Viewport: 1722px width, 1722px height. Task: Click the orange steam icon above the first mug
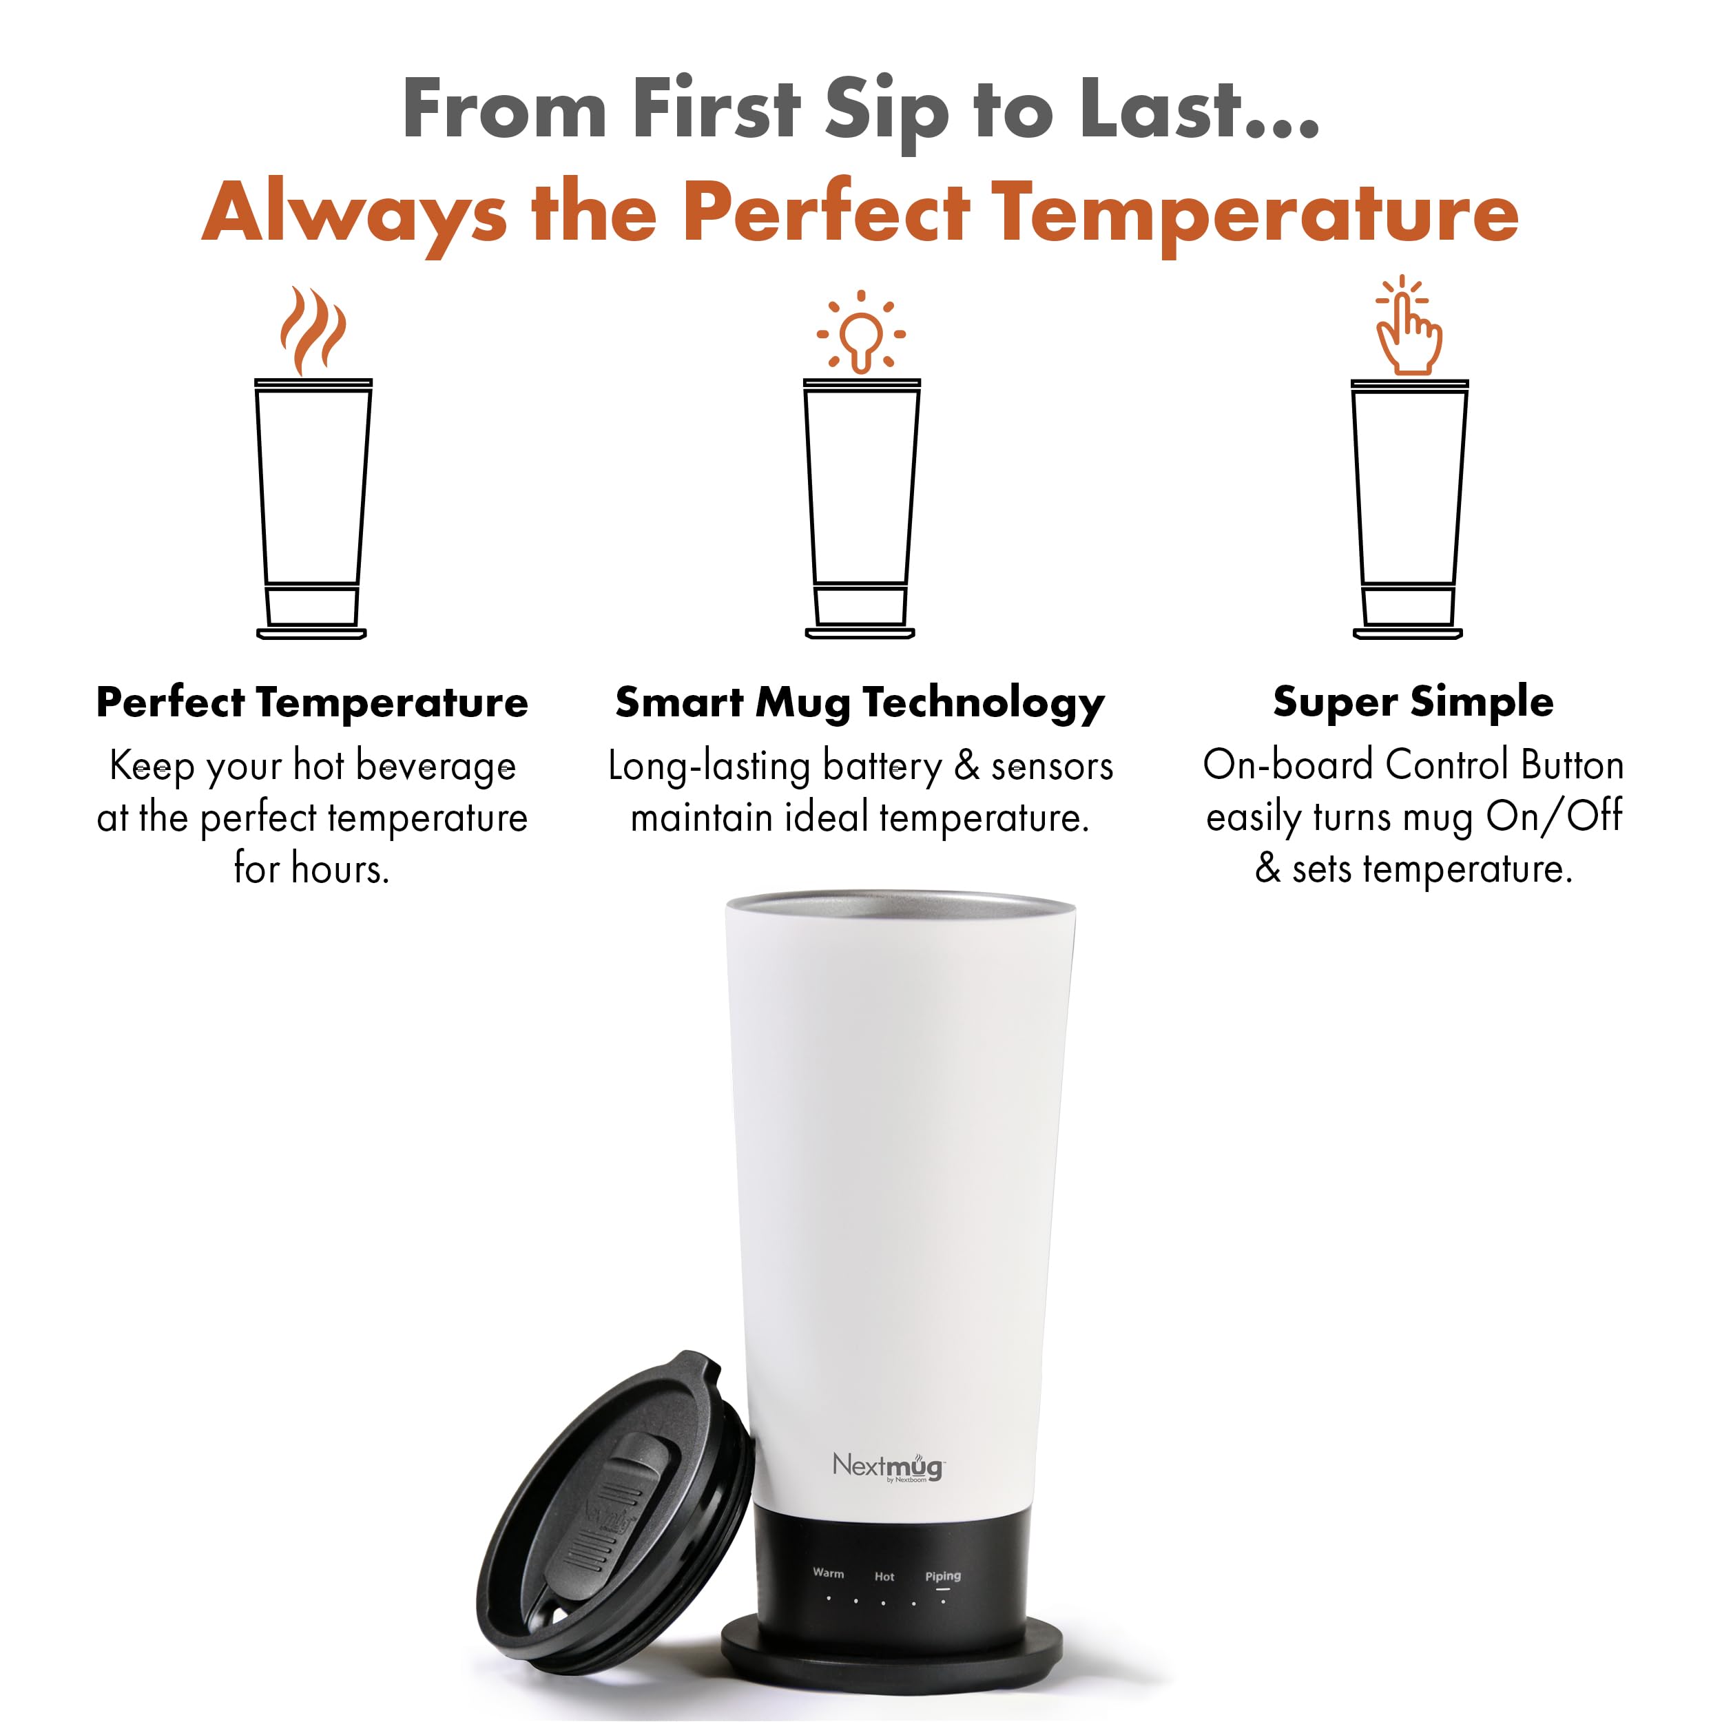coord(312,331)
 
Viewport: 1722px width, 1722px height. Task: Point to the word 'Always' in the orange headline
coord(354,215)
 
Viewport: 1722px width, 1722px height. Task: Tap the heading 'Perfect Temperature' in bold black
coord(312,703)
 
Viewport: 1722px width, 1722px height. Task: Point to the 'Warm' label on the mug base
coord(828,1573)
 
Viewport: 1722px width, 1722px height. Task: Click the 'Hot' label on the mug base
coord(884,1576)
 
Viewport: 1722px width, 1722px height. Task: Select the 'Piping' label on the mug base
coord(942,1576)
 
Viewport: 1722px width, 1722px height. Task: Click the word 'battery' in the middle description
coord(882,767)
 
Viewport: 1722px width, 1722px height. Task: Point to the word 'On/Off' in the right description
coord(1553,816)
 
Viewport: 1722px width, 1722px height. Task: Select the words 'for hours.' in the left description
coord(312,869)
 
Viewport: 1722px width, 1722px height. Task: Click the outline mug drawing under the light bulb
coord(861,508)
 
